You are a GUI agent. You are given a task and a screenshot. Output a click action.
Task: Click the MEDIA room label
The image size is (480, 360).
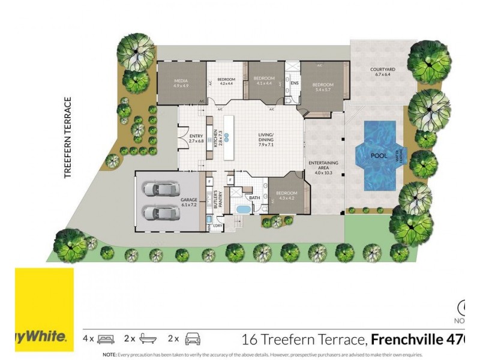click(181, 83)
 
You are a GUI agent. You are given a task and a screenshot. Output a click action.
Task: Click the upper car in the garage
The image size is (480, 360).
click(159, 189)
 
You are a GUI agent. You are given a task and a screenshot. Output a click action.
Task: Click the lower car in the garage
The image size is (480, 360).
click(159, 212)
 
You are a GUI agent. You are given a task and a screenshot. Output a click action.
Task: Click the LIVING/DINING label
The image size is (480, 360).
click(265, 137)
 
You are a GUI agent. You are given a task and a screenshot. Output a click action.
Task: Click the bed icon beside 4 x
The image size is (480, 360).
click(106, 339)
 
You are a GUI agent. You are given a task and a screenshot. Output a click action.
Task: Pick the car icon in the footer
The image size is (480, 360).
click(191, 339)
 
